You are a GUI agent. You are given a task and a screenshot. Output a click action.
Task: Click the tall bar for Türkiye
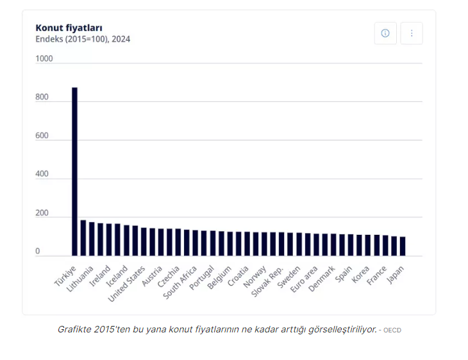coord(74,171)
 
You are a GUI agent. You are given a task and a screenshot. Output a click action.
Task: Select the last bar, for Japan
coord(403,246)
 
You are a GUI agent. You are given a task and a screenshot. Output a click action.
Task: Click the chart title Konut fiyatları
coord(69,28)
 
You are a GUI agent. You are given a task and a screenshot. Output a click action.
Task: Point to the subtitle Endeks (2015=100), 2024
coord(83,39)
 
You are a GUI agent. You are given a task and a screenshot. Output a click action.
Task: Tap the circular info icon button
coord(385,33)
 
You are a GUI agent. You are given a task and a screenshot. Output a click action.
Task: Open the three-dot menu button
coord(412,33)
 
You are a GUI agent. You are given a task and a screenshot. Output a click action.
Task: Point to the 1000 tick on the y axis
coord(44,58)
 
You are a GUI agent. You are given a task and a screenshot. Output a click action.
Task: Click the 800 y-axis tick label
coord(42,97)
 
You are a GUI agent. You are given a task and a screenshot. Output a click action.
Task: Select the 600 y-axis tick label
coord(42,135)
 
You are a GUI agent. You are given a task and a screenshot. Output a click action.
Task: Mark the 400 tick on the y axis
coord(42,174)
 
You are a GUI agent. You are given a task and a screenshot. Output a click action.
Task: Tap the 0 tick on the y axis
coord(37,251)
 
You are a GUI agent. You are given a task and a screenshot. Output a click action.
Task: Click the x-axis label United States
coord(127,283)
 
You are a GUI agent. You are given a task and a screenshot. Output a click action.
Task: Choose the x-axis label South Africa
coord(180,282)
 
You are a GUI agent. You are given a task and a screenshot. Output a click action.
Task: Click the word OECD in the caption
coord(392,330)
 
